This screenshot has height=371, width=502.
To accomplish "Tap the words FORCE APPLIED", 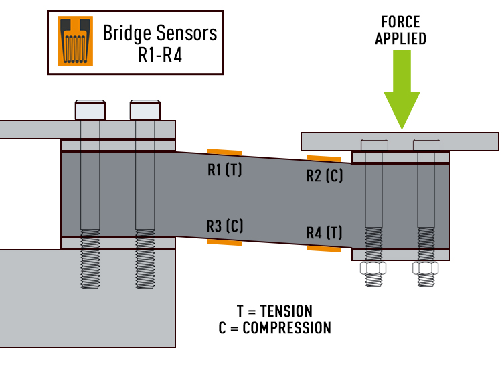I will pos(400,30).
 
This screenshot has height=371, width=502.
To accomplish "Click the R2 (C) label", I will pos(324,176).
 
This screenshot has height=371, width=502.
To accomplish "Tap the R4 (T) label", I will pos(324,233).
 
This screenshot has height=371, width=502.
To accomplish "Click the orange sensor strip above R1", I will pos(224,152).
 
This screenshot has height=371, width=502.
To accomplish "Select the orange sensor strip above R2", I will pos(324,159).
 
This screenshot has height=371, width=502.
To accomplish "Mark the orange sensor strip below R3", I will pos(224,242).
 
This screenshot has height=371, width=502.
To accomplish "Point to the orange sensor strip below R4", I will pos(324,248).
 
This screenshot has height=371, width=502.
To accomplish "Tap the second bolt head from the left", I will pos(145,110).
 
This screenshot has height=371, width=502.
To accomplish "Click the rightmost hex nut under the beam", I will pos(426,269).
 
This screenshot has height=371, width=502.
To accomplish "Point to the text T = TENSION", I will pos(274,311).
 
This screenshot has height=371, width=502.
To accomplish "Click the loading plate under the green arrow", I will pos(400,141).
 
